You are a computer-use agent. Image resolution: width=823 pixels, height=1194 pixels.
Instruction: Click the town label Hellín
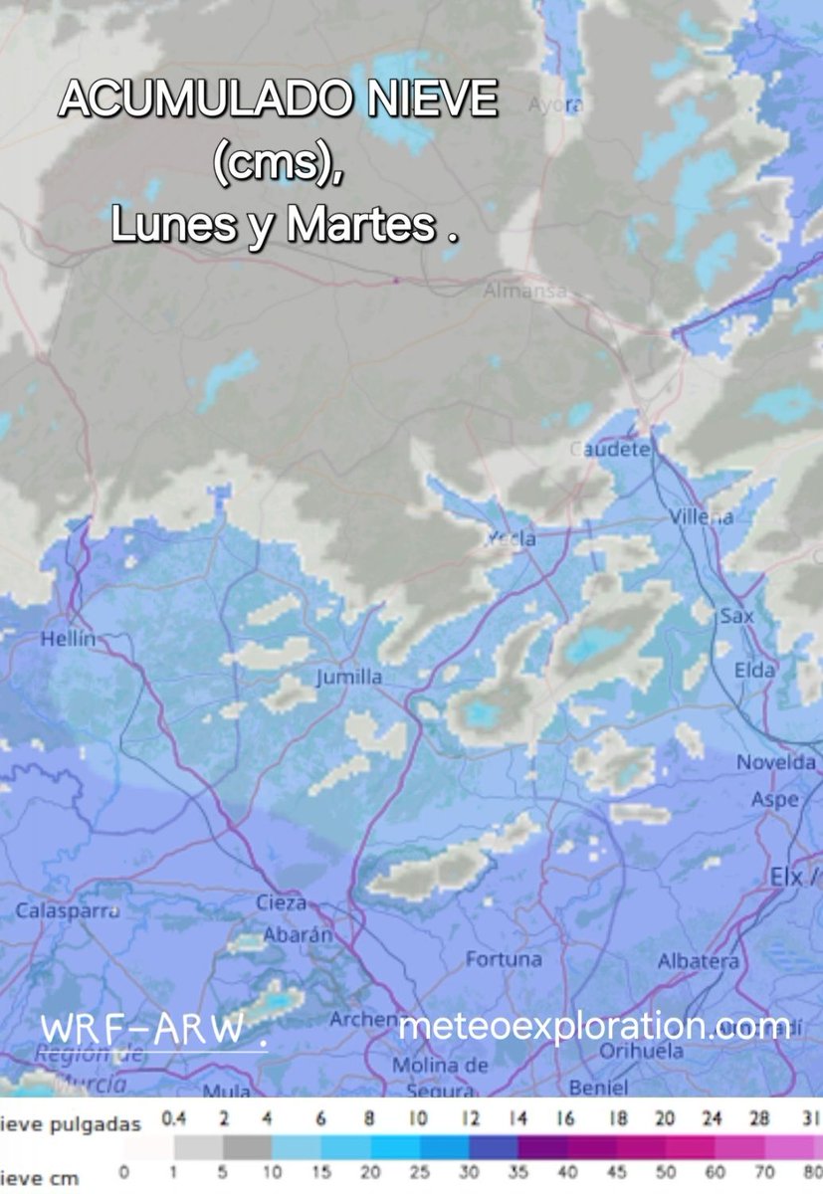point(67,640)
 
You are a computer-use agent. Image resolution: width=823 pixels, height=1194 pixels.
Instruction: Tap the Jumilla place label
point(348,678)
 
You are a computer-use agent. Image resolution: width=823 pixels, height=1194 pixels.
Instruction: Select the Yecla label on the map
point(512,538)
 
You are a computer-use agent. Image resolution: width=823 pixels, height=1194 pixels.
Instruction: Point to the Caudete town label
point(610,450)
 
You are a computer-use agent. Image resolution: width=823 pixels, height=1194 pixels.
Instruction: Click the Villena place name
point(701,516)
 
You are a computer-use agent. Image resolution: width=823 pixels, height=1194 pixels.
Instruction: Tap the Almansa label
point(524,292)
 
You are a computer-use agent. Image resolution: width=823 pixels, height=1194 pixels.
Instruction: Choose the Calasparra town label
point(61,910)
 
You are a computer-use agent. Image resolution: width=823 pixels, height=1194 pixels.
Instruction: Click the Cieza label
point(282,903)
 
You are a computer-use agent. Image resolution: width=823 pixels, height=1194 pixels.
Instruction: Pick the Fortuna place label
point(505,959)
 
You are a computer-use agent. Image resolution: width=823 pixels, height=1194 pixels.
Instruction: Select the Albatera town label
point(699,961)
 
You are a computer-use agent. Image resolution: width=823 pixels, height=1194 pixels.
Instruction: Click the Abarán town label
point(297,935)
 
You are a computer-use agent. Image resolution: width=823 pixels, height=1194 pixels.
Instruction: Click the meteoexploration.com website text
point(594,1026)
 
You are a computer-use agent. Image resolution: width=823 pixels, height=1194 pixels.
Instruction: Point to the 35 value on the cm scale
point(516,1173)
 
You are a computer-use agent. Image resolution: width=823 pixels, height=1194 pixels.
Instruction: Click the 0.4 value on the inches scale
point(174,1119)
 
